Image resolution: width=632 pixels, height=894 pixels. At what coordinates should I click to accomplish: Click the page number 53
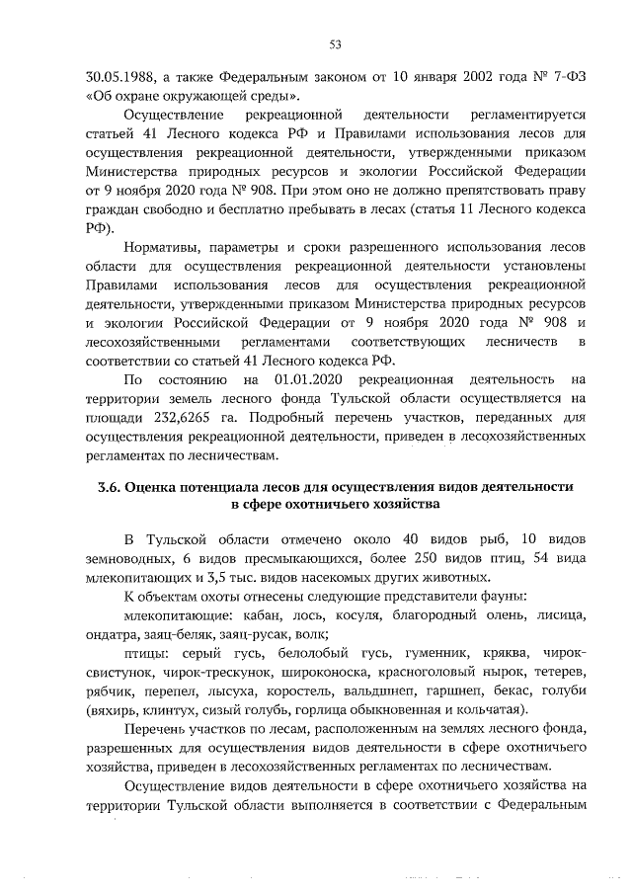tap(334, 43)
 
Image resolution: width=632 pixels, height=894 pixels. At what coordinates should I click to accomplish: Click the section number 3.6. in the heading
tap(113, 488)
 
